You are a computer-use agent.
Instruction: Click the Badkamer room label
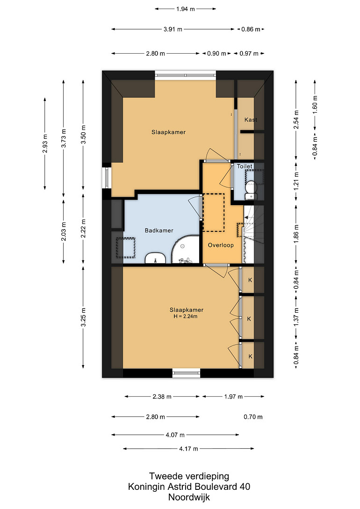[159, 230]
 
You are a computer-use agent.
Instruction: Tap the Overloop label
[221, 245]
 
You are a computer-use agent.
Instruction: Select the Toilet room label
[245, 166]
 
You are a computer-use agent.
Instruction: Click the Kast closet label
[251, 120]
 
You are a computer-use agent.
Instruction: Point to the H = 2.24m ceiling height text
[185, 316]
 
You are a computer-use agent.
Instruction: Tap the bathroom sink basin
[156, 258]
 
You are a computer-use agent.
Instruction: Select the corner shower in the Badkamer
[185, 250]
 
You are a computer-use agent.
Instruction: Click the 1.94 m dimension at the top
[185, 9]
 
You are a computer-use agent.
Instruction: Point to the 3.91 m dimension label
[173, 29]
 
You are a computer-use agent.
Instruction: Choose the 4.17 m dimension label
[188, 449]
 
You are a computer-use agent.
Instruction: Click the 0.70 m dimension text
[253, 417]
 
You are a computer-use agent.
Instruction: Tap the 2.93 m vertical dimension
[45, 143]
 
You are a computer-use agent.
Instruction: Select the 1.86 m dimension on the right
[296, 234]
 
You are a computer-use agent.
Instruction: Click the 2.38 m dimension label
[162, 397]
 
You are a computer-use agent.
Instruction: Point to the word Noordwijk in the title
[189, 497]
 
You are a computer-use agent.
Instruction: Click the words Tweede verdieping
[189, 476]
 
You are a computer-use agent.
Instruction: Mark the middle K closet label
[249, 319]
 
